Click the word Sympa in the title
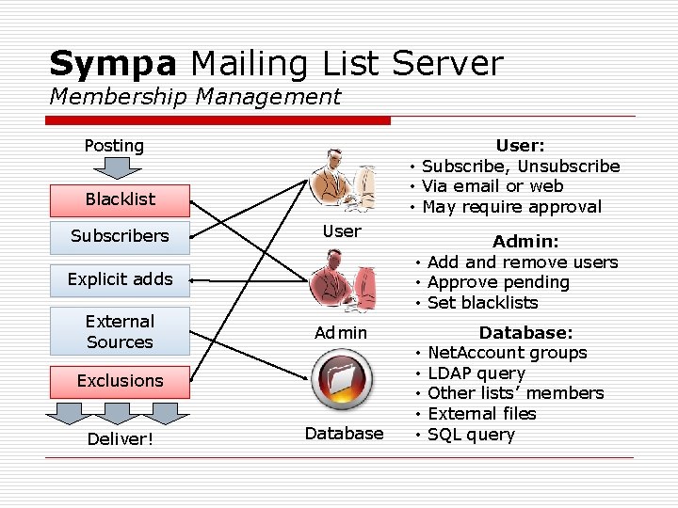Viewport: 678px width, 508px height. [112, 64]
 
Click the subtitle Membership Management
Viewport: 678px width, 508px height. [195, 96]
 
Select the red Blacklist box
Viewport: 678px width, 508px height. [120, 198]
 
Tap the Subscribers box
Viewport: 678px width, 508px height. [120, 236]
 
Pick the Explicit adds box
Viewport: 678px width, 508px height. [120, 278]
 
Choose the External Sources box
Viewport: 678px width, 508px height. [120, 331]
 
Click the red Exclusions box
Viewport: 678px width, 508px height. [120, 381]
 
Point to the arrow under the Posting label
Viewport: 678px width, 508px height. [114, 168]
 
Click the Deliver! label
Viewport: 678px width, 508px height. [120, 439]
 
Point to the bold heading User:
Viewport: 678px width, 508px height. [520, 146]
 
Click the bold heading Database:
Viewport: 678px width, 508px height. [525, 332]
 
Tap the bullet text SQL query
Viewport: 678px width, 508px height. [471, 435]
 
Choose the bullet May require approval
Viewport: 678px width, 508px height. [511, 207]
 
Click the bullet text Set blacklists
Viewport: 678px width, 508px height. [482, 303]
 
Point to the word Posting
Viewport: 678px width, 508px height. [114, 146]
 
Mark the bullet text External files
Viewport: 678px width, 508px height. [481, 414]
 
